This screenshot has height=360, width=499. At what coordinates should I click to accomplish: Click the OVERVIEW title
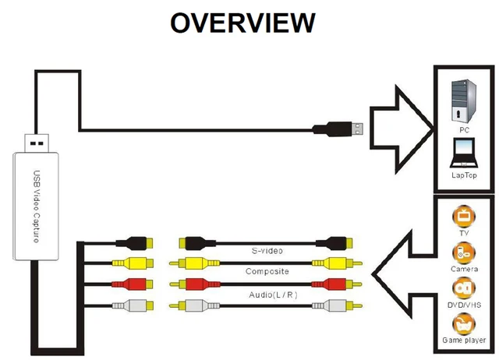(x=242, y=23)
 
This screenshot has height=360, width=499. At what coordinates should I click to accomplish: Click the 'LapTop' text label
(x=464, y=175)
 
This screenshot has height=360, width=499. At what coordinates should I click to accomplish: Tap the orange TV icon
(x=463, y=214)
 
